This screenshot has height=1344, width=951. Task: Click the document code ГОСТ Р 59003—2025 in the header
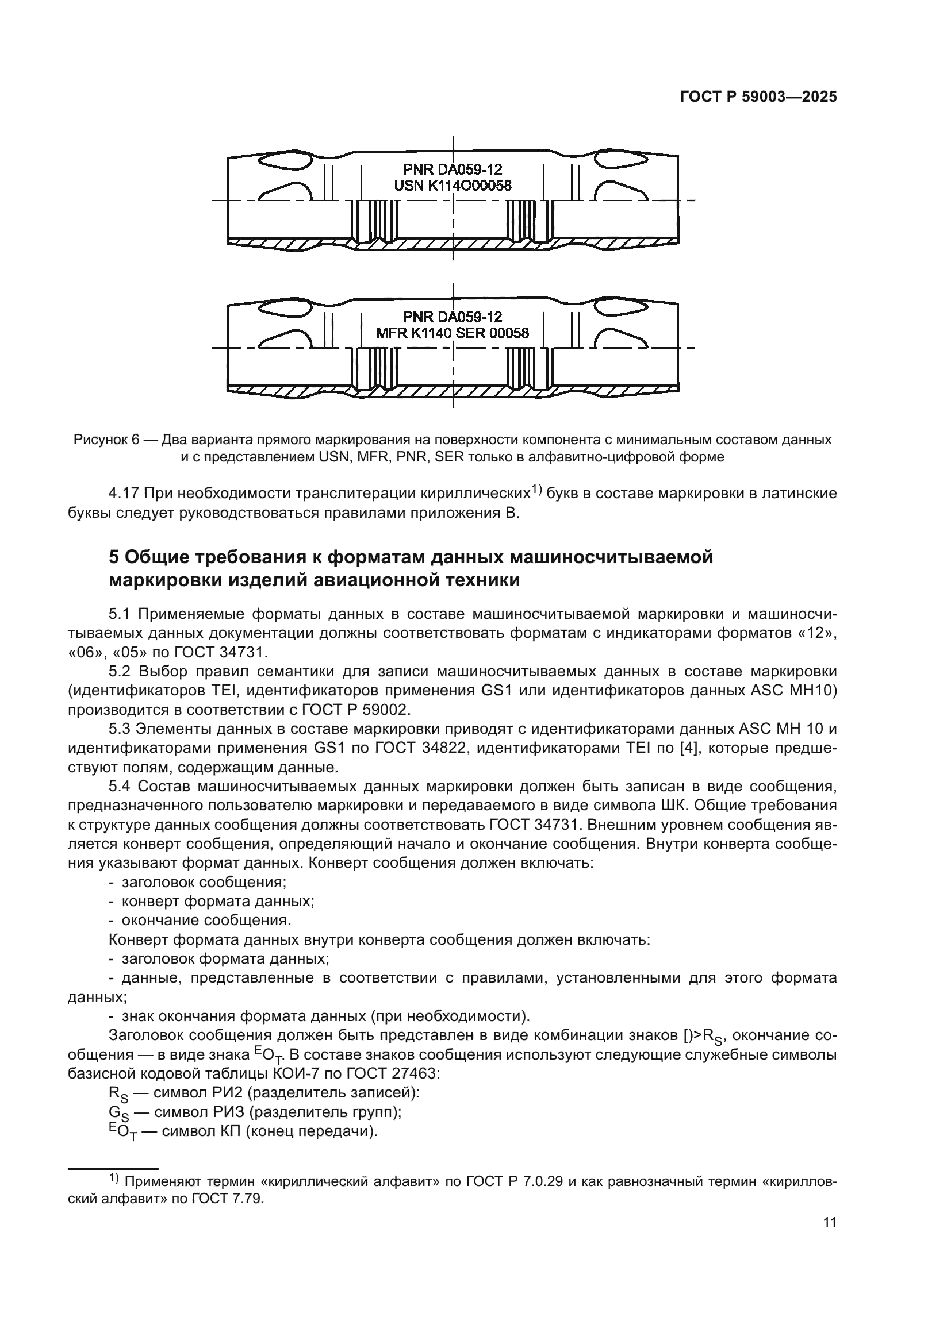[758, 97]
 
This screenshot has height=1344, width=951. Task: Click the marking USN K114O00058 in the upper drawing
[452, 186]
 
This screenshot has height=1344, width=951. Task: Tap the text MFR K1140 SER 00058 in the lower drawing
[452, 333]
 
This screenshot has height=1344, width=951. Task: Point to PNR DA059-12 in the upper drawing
[452, 170]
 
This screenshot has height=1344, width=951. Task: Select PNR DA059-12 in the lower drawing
[452, 317]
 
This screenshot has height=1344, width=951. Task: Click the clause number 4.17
[123, 494]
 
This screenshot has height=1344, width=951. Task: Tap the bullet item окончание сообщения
[206, 920]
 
